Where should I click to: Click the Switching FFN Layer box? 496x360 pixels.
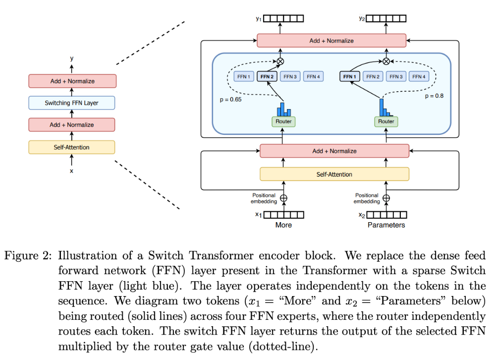point(72,103)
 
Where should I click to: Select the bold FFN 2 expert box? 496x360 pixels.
point(267,76)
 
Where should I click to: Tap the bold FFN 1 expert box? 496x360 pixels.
point(349,76)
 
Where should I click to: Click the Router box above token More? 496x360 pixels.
point(283,121)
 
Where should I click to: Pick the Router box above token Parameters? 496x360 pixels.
point(386,121)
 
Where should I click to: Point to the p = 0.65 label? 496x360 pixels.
point(230,99)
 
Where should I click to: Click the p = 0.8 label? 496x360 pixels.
point(434,96)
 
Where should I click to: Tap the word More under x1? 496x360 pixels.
point(283,225)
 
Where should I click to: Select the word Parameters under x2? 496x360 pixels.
point(386,225)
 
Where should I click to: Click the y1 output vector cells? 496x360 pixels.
point(283,19)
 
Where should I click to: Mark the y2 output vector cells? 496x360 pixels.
point(386,19)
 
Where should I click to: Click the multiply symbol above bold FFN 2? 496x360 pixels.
point(280,61)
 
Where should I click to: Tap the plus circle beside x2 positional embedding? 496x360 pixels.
point(386,198)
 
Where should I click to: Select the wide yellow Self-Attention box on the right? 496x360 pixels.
point(334,174)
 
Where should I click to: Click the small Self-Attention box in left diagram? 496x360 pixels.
point(72,147)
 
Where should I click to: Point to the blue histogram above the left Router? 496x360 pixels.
point(284,109)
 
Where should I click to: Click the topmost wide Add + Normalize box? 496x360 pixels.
point(331,41)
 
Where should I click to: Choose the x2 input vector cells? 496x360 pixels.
point(386,215)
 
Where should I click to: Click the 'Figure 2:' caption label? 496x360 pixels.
point(28,255)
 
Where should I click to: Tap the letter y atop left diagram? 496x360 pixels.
point(72,59)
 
